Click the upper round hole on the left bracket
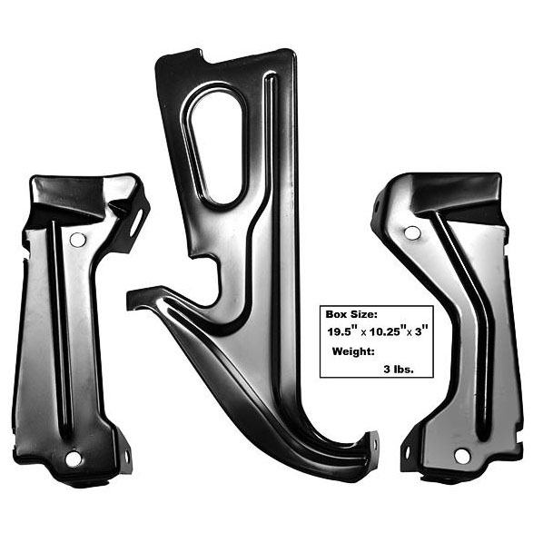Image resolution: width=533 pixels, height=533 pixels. pyautogui.click(x=77, y=240)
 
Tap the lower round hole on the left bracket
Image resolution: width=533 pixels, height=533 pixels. pyautogui.click(x=73, y=459)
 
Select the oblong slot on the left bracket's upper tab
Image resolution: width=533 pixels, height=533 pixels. pyautogui.click(x=136, y=222)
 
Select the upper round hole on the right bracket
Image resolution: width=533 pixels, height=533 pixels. pyautogui.click(x=412, y=233)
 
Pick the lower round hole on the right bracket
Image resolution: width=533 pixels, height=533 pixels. pyautogui.click(x=462, y=456)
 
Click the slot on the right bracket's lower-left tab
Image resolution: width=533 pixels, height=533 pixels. pyautogui.click(x=407, y=452)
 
